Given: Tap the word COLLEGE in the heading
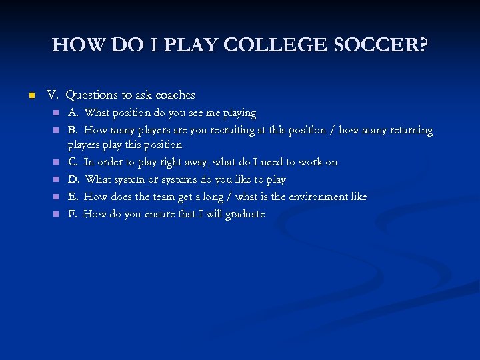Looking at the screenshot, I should pos(281,45).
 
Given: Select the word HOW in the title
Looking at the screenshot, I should pos(75,45).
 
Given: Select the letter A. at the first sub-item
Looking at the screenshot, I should pos(73,113).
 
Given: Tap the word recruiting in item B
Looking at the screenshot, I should pos(233,130).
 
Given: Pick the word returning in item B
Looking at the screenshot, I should pos(409,130).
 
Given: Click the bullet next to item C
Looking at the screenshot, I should pos(57,163).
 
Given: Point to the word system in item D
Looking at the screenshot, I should pos(133,179).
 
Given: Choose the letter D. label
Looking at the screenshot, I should pos(73,179).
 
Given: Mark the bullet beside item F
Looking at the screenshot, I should pos(57,215).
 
